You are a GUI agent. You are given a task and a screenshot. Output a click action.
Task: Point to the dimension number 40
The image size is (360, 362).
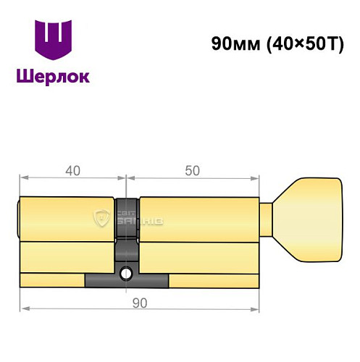tap(72, 172)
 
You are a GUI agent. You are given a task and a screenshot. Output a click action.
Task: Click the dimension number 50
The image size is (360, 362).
tap(192, 172)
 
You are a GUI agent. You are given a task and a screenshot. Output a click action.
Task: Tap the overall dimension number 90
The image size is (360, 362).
tap(139, 303)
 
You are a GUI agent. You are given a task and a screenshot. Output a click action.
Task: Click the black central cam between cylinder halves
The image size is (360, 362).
tap(127, 232)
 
